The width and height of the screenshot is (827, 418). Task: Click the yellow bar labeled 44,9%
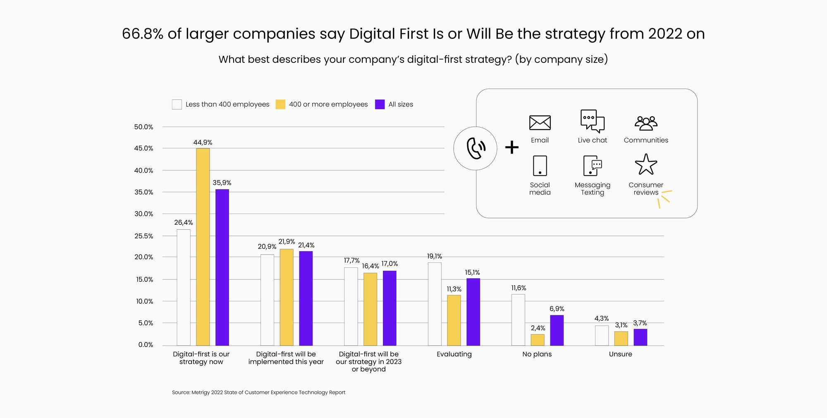[203, 247]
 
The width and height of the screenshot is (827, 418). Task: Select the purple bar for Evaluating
[473, 312]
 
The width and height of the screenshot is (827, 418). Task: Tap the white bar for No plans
[518, 320]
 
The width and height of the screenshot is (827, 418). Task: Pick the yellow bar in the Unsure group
[621, 339]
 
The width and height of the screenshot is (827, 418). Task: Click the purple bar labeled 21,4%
[306, 298]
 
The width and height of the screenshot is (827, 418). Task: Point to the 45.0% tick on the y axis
[143, 148]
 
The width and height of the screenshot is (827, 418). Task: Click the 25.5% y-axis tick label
[143, 236]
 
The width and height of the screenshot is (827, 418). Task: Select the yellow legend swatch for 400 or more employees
[280, 104]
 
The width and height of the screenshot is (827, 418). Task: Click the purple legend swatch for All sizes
[380, 104]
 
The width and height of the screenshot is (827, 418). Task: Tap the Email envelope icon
[540, 123]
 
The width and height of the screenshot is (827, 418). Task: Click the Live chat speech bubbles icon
[592, 121]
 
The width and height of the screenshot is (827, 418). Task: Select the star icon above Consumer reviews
[645, 165]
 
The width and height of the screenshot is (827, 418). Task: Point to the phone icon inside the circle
[476, 148]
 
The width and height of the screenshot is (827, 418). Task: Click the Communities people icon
[645, 123]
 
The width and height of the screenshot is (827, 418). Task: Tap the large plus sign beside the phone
[512, 147]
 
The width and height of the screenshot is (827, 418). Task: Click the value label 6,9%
[557, 309]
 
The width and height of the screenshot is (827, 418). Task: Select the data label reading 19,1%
[434, 256]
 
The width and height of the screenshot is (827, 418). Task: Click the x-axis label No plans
[537, 354]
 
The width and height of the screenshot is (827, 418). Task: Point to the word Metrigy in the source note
[201, 392]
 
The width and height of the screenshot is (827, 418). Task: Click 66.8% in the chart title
[143, 34]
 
